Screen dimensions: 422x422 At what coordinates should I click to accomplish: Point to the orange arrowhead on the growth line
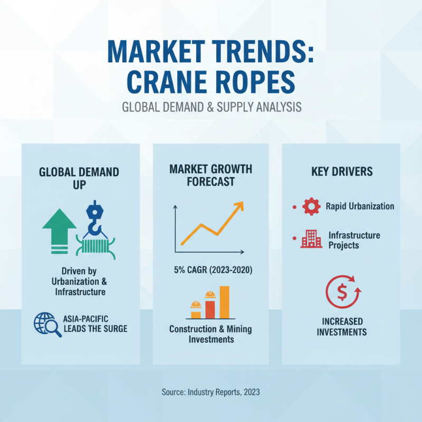coord(238,206)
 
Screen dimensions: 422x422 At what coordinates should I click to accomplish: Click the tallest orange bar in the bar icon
coord(224,302)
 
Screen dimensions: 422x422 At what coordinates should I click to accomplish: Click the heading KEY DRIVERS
coord(342,172)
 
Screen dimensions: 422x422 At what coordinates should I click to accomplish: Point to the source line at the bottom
coord(210,392)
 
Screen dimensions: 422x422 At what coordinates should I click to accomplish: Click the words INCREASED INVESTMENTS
coord(343,327)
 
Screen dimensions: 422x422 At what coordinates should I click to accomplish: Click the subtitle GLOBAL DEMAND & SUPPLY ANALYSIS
coord(211,107)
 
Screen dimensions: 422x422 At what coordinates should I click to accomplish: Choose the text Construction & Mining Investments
coord(210,334)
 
